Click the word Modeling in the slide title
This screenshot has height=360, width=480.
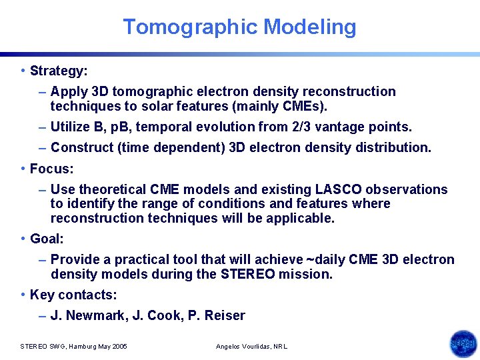click(310, 27)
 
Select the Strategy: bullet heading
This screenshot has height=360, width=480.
click(59, 70)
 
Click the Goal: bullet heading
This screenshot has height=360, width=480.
click(47, 239)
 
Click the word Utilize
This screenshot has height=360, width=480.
click(69, 127)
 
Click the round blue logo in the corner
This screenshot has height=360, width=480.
click(463, 344)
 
